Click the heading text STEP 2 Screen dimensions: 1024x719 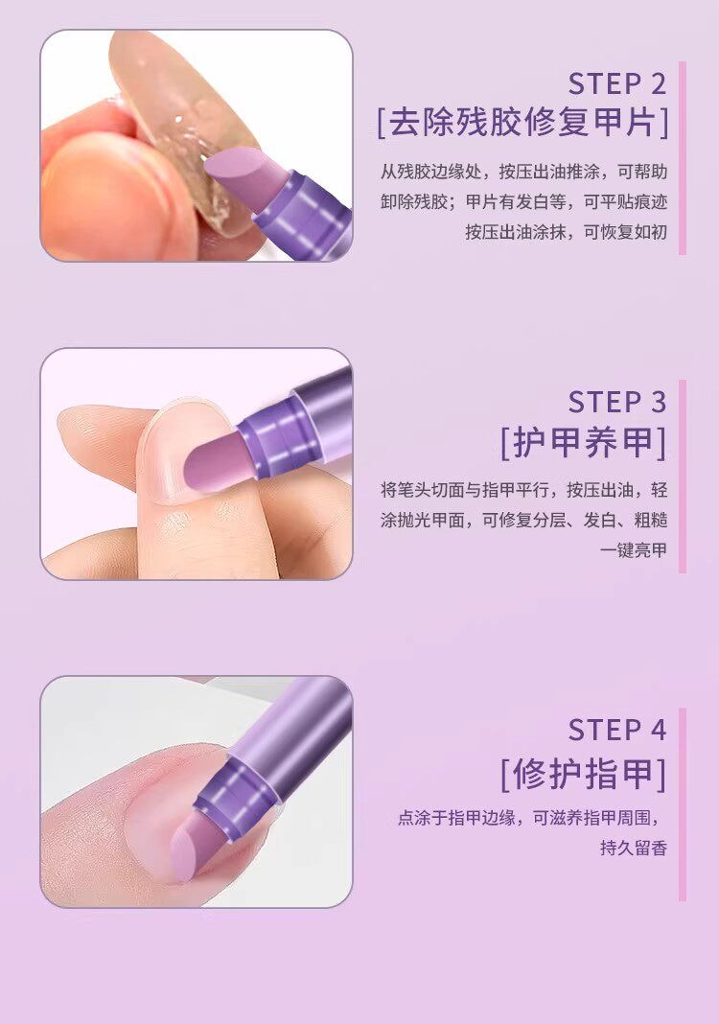pyautogui.click(x=616, y=83)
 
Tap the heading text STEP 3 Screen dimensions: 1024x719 pyautogui.click(x=616, y=401)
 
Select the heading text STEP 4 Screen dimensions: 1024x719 pyautogui.click(x=616, y=730)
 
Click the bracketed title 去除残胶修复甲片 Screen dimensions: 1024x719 pyautogui.click(x=522, y=124)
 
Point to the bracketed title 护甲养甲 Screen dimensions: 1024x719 pyautogui.click(x=583, y=442)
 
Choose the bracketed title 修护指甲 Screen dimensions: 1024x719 pyautogui.click(x=583, y=773)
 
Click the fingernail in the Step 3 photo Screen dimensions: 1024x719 pyautogui.click(x=177, y=451)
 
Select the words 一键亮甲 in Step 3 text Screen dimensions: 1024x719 pyautogui.click(x=633, y=550)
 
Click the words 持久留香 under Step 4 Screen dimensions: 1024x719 pyautogui.click(x=633, y=849)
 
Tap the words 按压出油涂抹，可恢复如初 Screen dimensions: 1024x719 pyautogui.click(x=566, y=232)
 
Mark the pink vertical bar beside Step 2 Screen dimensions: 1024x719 pyautogui.click(x=683, y=158)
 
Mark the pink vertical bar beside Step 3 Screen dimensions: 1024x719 pyautogui.click(x=683, y=477)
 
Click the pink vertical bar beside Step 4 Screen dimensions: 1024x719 pyautogui.click(x=683, y=804)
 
